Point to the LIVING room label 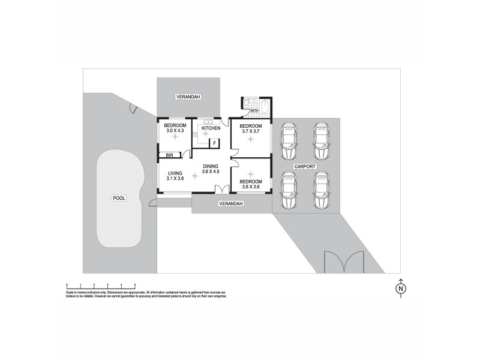(x=176, y=173)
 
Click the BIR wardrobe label (x=169, y=155)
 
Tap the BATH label (x=254, y=110)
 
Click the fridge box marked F (x=214, y=143)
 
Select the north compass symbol (x=400, y=289)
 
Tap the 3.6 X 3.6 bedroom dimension (x=250, y=186)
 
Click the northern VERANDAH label (x=188, y=97)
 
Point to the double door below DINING (x=221, y=190)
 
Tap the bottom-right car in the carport (x=322, y=191)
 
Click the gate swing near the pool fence (x=134, y=109)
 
